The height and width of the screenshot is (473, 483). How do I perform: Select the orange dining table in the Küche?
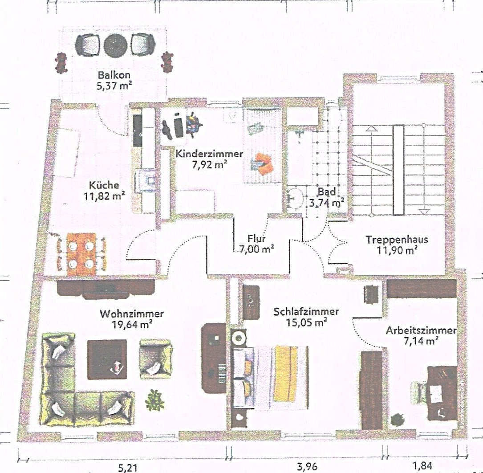pyautogui.click(x=81, y=254)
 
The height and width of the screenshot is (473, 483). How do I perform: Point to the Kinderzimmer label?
pyautogui.click(x=209, y=154)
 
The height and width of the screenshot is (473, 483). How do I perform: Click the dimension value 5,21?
pyautogui.click(x=127, y=468)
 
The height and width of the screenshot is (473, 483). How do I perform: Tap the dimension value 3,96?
pyautogui.click(x=307, y=466)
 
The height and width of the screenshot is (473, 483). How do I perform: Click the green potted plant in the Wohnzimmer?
pyautogui.click(x=154, y=400)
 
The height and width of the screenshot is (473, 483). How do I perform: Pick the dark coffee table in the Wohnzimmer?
pyautogui.click(x=107, y=359)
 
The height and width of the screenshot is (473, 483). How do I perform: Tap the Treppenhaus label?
pyautogui.click(x=397, y=240)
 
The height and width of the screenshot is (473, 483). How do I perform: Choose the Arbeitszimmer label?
pyautogui.click(x=421, y=330)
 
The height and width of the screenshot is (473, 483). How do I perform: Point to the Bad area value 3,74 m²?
pyautogui.click(x=327, y=203)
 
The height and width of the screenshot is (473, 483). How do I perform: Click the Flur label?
pyautogui.click(x=256, y=238)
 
